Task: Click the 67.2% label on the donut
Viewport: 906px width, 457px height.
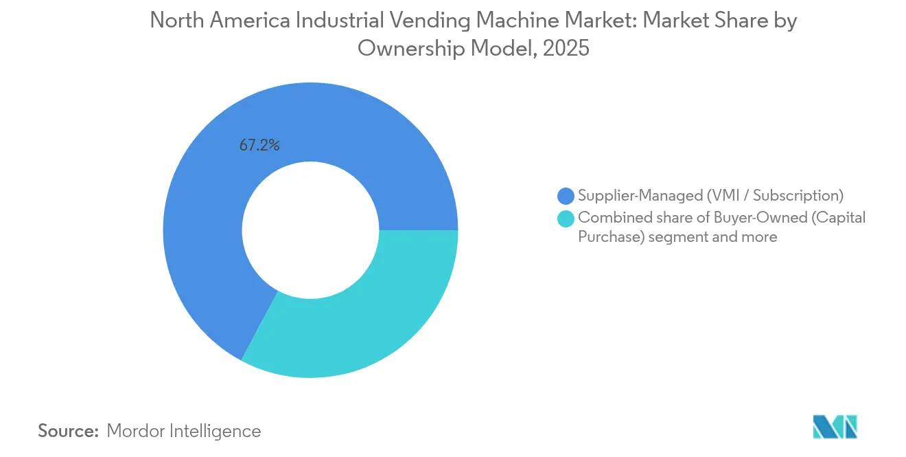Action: pyautogui.click(x=259, y=146)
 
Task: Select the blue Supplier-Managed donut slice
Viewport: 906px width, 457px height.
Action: pyautogui.click(x=206, y=206)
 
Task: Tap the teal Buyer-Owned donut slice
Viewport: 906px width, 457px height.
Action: pyautogui.click(x=357, y=323)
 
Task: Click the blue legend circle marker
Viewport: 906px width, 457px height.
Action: pyautogui.click(x=566, y=196)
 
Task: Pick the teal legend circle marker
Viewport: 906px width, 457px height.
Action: pyautogui.click(x=566, y=219)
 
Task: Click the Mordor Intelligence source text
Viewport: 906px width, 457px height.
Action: pyautogui.click(x=184, y=431)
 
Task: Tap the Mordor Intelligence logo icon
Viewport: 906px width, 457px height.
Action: pyautogui.click(x=835, y=427)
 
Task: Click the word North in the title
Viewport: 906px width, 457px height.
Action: pyautogui.click(x=174, y=21)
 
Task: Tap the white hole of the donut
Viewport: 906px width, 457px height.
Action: pyautogui.click(x=310, y=230)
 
